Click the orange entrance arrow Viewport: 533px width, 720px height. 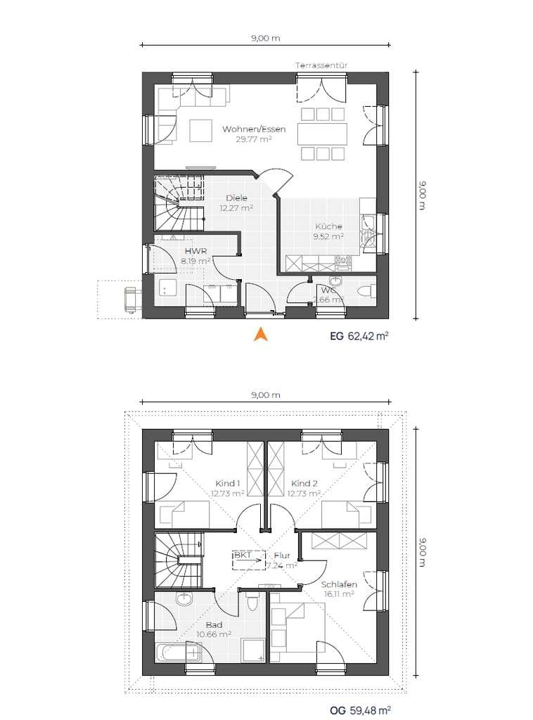pyautogui.click(x=261, y=334)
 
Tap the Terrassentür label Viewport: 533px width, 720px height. pyautogui.click(x=321, y=65)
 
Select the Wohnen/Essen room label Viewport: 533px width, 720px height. pyautogui.click(x=254, y=129)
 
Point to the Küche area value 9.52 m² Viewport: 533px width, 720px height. pyautogui.click(x=328, y=236)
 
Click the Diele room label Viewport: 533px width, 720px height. pyautogui.click(x=236, y=198)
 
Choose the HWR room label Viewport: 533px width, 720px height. pyautogui.click(x=195, y=251)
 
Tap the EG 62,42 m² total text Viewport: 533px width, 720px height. pyautogui.click(x=359, y=335)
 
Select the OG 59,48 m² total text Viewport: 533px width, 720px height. pyautogui.click(x=360, y=710)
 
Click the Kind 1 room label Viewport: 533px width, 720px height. pyautogui.click(x=228, y=484)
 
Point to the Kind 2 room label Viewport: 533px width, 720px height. pyautogui.click(x=304, y=484)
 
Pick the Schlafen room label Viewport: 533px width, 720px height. pyautogui.click(x=339, y=584)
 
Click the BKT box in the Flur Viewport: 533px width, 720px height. pyautogui.click(x=249, y=560)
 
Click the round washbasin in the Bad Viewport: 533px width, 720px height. pyautogui.click(x=184, y=599)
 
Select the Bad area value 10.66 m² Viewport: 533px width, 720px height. pyautogui.click(x=214, y=635)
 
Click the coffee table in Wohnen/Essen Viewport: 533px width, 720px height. pyautogui.click(x=200, y=130)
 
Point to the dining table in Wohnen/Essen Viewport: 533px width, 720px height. pyautogui.click(x=321, y=134)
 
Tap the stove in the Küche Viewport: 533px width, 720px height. pyautogui.click(x=343, y=263)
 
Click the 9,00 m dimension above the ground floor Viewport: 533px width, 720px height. pyautogui.click(x=265, y=39)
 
